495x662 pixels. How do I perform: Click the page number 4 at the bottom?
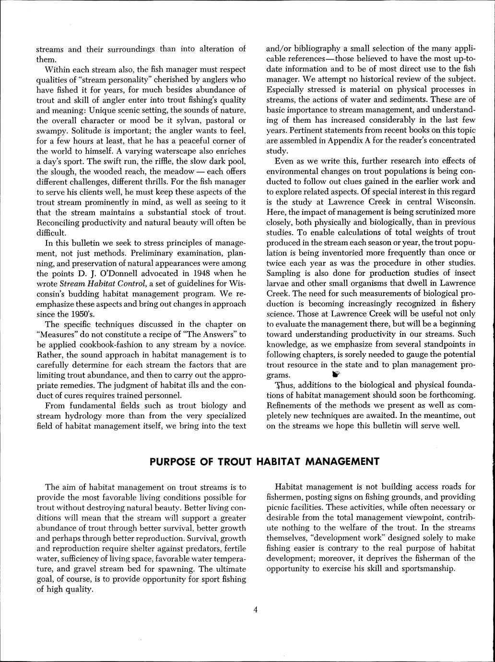tap(256, 610)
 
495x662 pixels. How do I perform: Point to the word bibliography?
tap(321, 49)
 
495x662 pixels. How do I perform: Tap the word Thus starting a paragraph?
tap(283, 385)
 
